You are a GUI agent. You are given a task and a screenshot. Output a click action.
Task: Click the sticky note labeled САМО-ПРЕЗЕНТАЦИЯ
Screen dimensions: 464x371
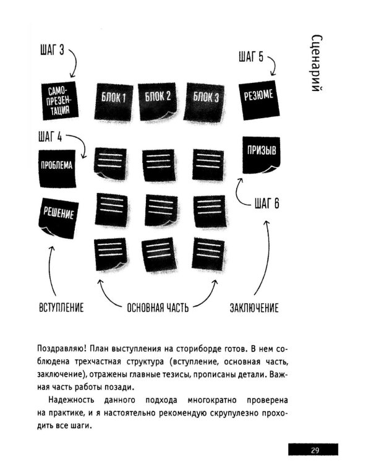[x=59, y=100]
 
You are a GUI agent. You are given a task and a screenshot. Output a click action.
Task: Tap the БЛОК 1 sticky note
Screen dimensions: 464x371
[x=114, y=98]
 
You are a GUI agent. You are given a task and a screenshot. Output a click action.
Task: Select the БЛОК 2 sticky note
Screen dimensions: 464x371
[x=158, y=97]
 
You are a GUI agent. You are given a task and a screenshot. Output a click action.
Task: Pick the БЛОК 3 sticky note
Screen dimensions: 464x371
[x=205, y=98]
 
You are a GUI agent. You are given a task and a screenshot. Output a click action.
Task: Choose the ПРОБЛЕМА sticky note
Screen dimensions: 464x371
[x=57, y=166]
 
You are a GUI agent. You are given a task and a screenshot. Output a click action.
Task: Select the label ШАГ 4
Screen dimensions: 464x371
[x=50, y=137]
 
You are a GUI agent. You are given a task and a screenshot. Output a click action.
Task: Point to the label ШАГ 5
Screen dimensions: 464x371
[x=250, y=58]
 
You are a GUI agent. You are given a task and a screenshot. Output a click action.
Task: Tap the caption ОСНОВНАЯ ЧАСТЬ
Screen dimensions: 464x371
[x=158, y=307]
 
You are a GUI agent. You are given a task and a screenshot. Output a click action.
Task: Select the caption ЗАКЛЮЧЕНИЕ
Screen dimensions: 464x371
[x=254, y=307]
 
